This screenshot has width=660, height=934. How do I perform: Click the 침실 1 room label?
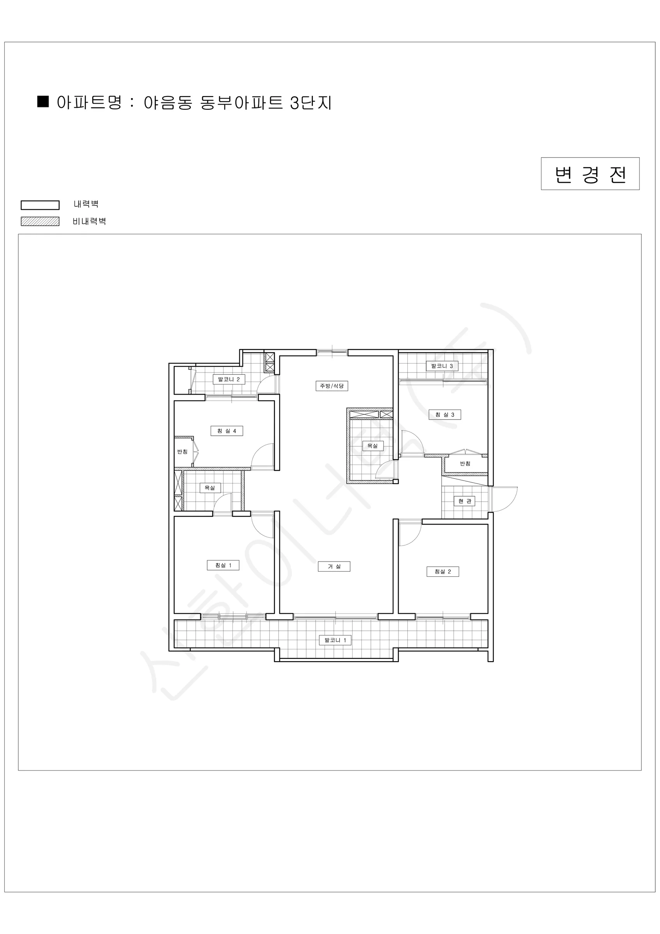click(223, 565)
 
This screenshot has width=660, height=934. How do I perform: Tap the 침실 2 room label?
click(443, 572)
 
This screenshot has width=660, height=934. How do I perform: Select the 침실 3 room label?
click(445, 414)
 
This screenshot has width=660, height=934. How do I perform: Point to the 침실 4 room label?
click(226, 431)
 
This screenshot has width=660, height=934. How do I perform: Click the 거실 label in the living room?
click(333, 566)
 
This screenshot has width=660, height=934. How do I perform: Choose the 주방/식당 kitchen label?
click(332, 386)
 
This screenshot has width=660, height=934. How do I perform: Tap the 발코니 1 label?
click(335, 640)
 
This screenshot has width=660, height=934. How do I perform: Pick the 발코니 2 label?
click(229, 379)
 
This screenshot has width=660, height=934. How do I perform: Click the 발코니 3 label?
click(442, 366)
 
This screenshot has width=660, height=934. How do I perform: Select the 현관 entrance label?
click(464, 501)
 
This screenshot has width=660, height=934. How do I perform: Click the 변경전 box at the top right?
click(590, 174)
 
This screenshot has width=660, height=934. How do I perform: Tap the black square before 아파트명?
click(43, 102)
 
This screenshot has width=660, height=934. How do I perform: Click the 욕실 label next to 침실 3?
click(373, 446)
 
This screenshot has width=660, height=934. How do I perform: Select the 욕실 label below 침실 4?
click(210, 488)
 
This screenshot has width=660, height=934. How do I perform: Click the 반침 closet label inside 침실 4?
click(182, 451)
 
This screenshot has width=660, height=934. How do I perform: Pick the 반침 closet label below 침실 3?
click(465, 464)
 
